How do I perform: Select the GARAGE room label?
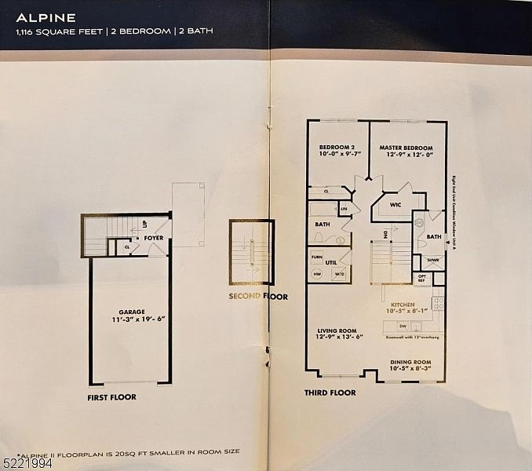(131, 312)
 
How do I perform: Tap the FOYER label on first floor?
(153, 238)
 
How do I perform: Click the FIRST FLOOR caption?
(111, 397)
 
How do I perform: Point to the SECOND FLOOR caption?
(258, 297)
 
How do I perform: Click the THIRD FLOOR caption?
(330, 392)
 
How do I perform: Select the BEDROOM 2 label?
(338, 148)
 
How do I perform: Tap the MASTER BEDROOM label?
(406, 148)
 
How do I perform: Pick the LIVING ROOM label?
(338, 330)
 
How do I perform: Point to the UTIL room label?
(331, 263)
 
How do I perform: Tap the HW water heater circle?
(318, 274)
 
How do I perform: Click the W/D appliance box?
(339, 274)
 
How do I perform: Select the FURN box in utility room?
(317, 256)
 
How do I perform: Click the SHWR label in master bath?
(432, 261)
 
